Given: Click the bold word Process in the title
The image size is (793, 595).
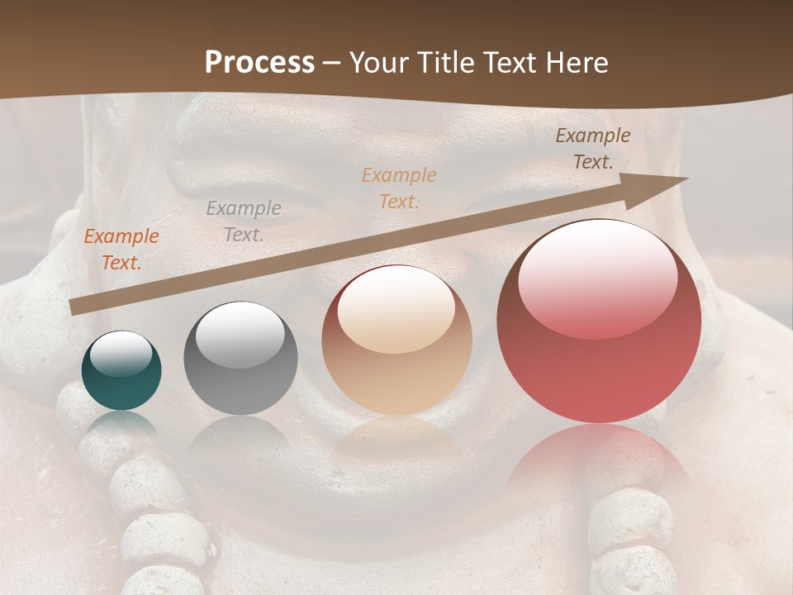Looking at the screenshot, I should [259, 63].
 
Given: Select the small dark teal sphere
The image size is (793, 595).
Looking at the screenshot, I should [121, 371].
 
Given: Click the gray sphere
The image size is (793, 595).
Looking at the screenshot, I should [240, 359].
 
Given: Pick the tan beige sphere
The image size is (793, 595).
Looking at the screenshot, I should [396, 340].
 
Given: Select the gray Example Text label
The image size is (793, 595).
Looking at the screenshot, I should [244, 221].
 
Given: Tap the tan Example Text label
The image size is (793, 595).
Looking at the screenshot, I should [399, 188].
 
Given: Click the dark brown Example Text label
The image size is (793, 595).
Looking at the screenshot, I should [592, 149].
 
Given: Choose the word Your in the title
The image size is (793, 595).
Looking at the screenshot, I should [380, 63].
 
